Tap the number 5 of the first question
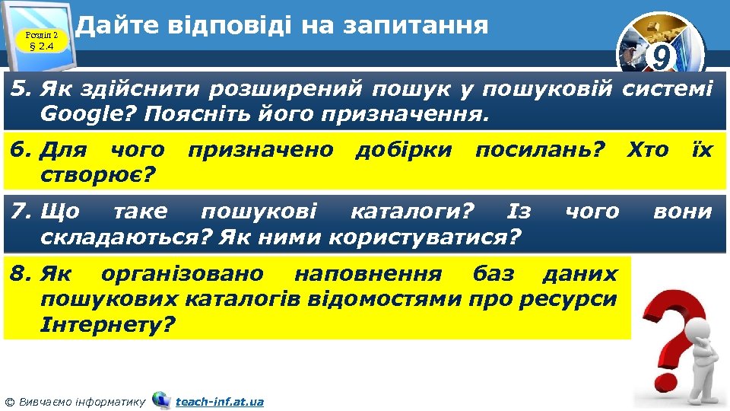click(x=17, y=90)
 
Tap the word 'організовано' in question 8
click(x=182, y=273)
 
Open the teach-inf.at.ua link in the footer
click(x=220, y=401)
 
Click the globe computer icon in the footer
click(x=161, y=400)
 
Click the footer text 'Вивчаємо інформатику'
click(x=80, y=401)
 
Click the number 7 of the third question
click(x=17, y=211)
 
